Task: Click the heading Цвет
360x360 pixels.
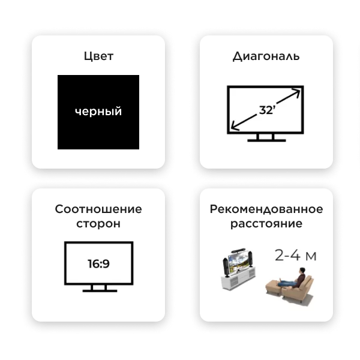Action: tap(98, 56)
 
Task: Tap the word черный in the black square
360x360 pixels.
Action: tap(98, 112)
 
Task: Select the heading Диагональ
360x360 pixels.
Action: tap(266, 56)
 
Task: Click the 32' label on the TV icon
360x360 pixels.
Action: tap(267, 110)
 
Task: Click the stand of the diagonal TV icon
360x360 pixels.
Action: tap(266, 138)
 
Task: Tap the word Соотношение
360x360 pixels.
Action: tap(98, 209)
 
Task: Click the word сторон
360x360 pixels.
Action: tap(98, 224)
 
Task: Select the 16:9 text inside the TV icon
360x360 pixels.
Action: tap(99, 264)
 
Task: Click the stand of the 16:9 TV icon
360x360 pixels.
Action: tap(100, 289)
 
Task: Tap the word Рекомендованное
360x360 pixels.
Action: tap(266, 209)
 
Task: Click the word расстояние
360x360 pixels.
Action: tap(266, 224)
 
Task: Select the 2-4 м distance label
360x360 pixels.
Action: tap(295, 256)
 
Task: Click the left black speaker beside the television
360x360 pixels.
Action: tap(226, 267)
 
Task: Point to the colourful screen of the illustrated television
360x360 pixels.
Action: tap(239, 262)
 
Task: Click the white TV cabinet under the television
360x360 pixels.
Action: tap(238, 278)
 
